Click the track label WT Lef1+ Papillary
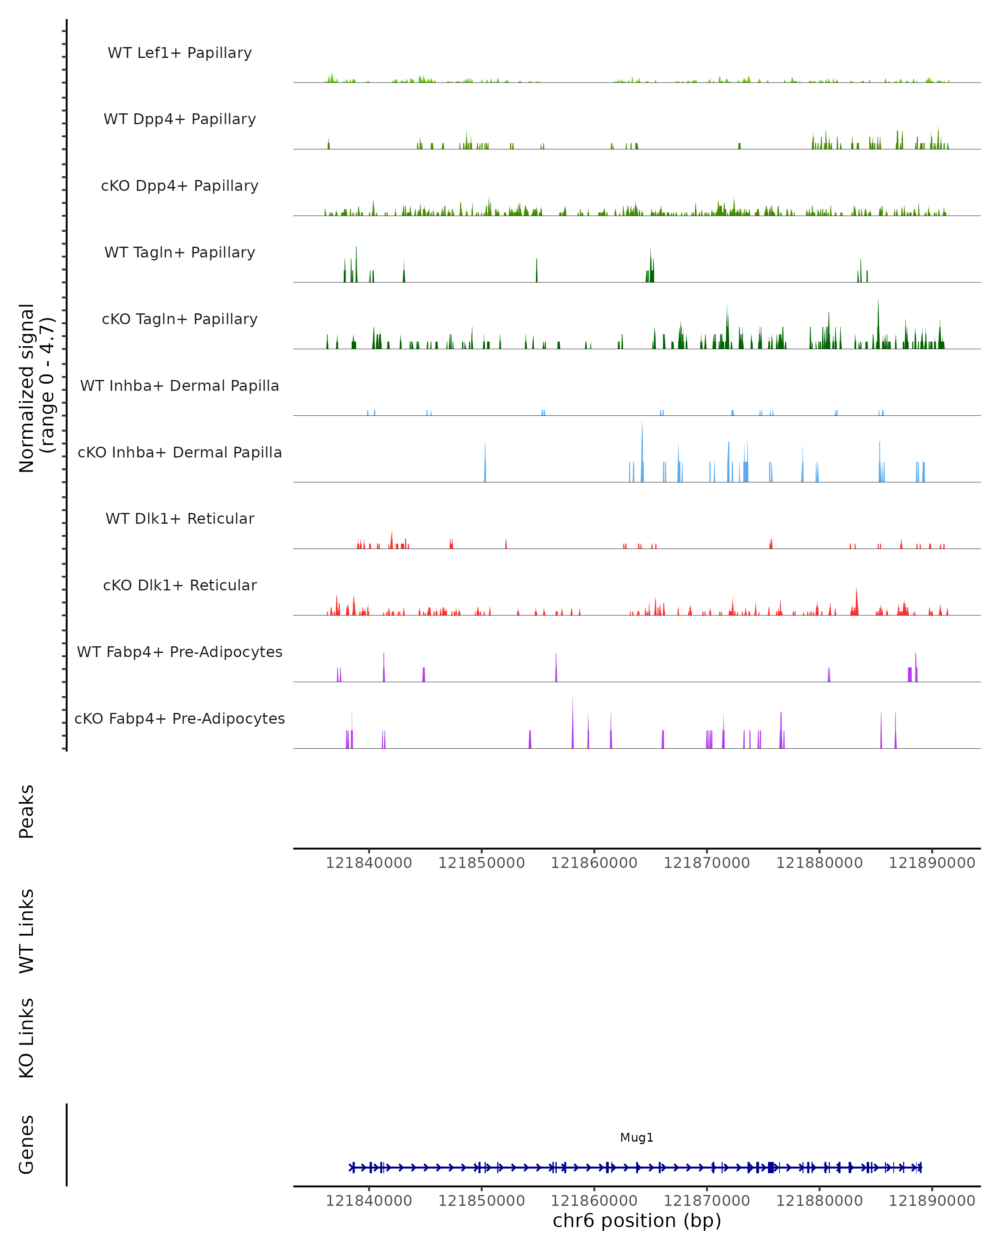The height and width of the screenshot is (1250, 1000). [180, 53]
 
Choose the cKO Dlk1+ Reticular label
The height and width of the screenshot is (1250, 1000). [180, 585]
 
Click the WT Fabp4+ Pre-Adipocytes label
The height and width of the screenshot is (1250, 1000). [180, 652]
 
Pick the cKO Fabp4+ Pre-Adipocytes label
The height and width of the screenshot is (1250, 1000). [180, 718]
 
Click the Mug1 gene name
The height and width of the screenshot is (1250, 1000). [637, 1137]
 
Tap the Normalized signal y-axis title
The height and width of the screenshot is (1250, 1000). [36, 388]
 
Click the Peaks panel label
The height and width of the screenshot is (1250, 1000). [27, 812]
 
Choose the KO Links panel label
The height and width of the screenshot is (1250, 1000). [27, 1038]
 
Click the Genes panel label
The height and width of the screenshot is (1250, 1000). [27, 1145]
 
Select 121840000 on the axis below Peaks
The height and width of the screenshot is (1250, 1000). [369, 863]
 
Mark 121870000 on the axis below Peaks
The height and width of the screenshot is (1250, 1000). [706, 863]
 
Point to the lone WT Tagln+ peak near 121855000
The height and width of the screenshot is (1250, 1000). [537, 271]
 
